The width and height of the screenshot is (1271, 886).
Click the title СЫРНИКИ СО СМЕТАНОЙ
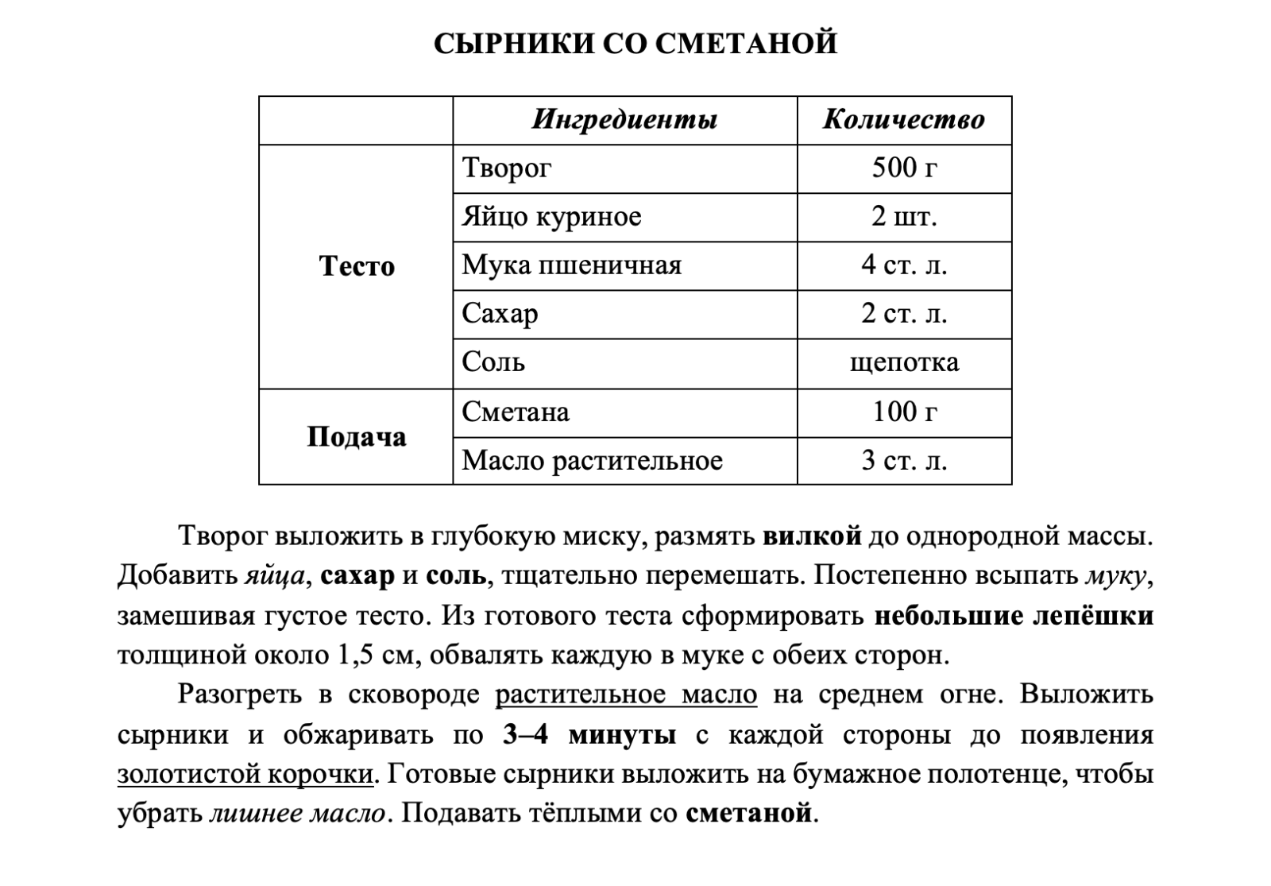pos(635,43)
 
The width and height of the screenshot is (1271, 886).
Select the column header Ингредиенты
pos(624,120)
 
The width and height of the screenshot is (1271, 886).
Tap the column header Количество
pos(904,120)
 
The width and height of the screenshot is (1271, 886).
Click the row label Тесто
pos(357,266)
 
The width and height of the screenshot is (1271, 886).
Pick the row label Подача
pos(357,436)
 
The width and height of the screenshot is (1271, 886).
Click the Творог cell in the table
pos(507,168)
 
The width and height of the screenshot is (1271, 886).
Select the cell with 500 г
pos(904,168)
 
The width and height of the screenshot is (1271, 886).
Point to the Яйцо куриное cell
pos(552,217)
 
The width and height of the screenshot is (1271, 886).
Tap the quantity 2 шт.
pos(904,217)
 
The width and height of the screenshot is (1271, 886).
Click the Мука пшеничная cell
pos(572,265)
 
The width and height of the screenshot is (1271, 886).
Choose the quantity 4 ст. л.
pos(904,265)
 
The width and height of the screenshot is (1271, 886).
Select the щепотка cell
pos(904,363)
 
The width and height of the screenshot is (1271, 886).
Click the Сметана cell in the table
pos(516,412)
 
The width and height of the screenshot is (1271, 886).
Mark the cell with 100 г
pos(904,412)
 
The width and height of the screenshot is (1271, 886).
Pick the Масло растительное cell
pos(593,461)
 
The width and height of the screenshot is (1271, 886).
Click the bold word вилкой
pos(812,536)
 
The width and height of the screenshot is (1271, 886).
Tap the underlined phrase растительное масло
pos(626,695)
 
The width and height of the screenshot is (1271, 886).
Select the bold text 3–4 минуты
pos(589,735)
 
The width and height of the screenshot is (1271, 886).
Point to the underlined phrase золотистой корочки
pos(245,775)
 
